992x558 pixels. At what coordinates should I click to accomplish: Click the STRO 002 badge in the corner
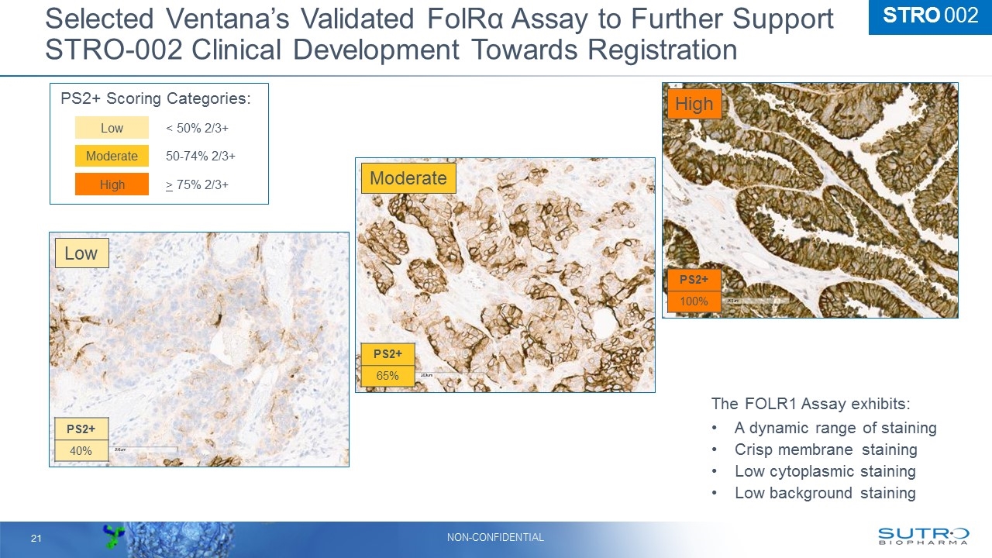(x=930, y=16)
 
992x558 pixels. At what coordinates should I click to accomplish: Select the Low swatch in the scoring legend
(x=112, y=128)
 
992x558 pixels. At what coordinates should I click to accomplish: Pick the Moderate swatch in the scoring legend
(x=112, y=156)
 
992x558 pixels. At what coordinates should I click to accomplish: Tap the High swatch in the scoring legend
(x=112, y=184)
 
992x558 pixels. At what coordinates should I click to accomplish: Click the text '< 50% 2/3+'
(x=197, y=128)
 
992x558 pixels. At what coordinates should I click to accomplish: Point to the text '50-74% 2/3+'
(x=201, y=156)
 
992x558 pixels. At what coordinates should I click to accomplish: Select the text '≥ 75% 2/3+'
(x=197, y=184)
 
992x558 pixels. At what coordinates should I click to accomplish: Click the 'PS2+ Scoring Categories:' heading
(x=156, y=98)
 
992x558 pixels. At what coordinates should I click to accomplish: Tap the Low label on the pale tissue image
(x=81, y=253)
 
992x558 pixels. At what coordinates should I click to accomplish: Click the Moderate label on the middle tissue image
(x=408, y=178)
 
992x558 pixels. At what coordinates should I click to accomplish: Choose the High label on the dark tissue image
(x=694, y=104)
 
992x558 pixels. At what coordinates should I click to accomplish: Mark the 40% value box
(x=81, y=450)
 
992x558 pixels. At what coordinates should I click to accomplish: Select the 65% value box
(x=387, y=376)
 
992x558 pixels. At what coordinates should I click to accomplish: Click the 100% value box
(x=694, y=301)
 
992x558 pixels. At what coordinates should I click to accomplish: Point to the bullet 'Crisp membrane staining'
(x=825, y=449)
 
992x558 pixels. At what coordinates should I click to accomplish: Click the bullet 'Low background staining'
(x=825, y=493)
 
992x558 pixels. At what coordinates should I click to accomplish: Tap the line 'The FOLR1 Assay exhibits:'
(x=811, y=405)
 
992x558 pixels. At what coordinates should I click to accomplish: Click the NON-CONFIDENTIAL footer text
(x=496, y=537)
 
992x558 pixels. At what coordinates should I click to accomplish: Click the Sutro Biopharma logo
(x=923, y=536)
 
